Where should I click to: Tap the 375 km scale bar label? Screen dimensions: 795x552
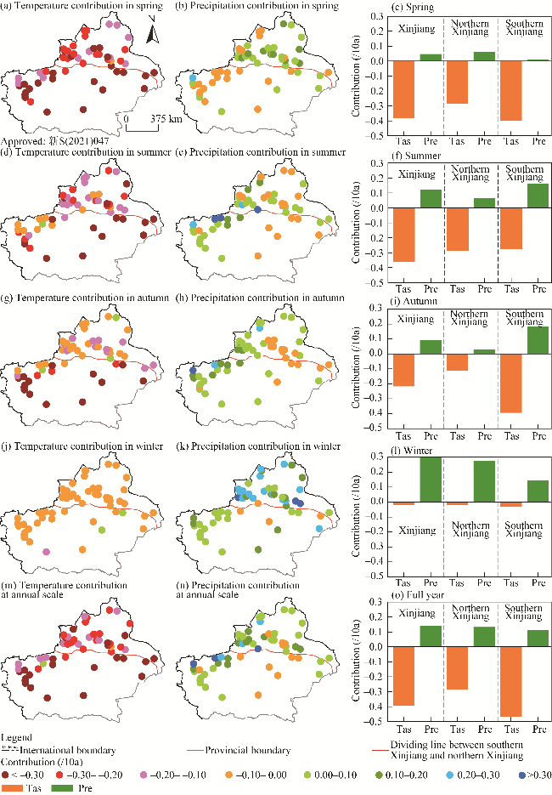(x=165, y=119)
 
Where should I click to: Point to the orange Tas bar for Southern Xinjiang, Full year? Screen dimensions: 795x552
(x=511, y=683)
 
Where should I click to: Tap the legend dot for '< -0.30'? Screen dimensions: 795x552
(x=6, y=775)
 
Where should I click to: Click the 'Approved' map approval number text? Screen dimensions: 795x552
(x=52, y=141)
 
